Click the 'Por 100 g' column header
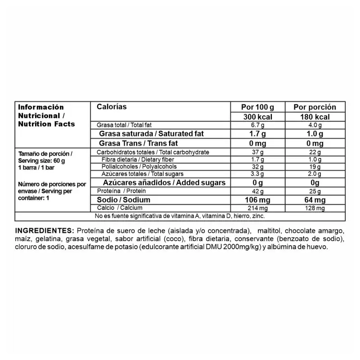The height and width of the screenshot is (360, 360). coord(257,107)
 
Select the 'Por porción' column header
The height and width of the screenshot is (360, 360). coord(315,107)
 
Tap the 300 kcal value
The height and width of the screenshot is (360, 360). coord(257,117)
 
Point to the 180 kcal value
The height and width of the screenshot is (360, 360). coord(315,117)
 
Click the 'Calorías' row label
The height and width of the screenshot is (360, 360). coord(112,107)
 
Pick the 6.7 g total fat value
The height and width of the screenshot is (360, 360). coord(257,125)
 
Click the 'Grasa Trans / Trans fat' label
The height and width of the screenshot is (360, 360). coord(139,144)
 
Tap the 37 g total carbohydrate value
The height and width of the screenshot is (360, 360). coord(257,153)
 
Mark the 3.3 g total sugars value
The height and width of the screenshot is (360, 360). coord(257,174)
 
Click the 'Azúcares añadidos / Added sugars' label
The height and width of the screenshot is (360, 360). coord(164,182)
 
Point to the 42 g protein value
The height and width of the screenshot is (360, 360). coord(257,191)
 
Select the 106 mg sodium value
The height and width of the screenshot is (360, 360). coord(257,200)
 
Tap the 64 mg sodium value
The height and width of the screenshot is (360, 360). coord(315,200)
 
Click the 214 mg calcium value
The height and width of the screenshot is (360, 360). coord(257,208)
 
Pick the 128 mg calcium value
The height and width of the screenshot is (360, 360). coord(315,208)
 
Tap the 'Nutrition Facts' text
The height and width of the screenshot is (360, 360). coord(46,124)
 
